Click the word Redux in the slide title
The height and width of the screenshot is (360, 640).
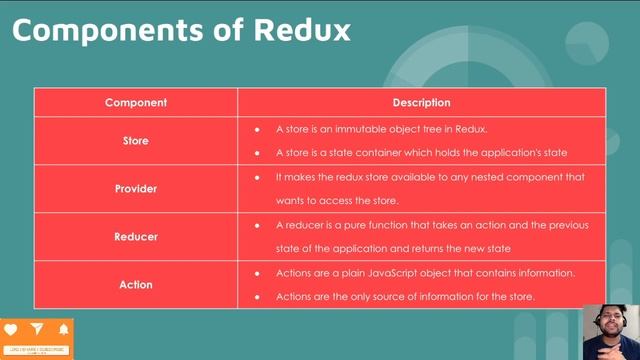tap(299, 30)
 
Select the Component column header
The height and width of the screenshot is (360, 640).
tap(136, 102)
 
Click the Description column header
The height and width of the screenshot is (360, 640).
tap(421, 102)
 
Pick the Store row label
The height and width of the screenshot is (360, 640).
tap(136, 141)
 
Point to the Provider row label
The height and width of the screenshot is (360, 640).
tap(136, 188)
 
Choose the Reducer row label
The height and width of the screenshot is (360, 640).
tap(136, 237)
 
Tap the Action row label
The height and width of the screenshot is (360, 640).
tap(136, 284)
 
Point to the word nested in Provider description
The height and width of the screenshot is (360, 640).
tap(470, 177)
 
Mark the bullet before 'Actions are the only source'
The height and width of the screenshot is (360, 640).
tap(257, 297)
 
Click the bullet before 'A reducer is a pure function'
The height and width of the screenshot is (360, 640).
tap(257, 225)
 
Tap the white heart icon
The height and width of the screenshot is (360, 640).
tap(11, 329)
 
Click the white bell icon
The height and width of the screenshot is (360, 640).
tap(63, 329)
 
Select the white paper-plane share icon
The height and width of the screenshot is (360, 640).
tap(37, 329)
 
